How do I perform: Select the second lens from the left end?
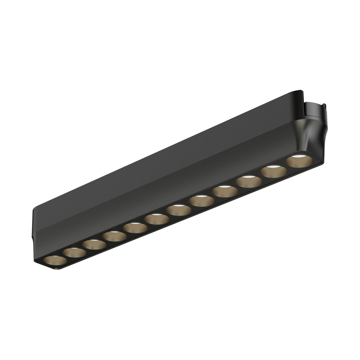[x=75, y=252]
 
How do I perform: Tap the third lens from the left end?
[x=94, y=244]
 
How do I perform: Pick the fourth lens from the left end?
[x=114, y=236]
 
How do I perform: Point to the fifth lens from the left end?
[x=135, y=228]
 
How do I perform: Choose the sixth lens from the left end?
[x=157, y=219]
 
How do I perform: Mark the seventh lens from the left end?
[x=179, y=210]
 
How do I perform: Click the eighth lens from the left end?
[x=202, y=201]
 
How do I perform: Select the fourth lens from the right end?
[x=225, y=191]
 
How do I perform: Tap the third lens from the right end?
[x=249, y=181]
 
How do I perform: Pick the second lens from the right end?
[x=274, y=171]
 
